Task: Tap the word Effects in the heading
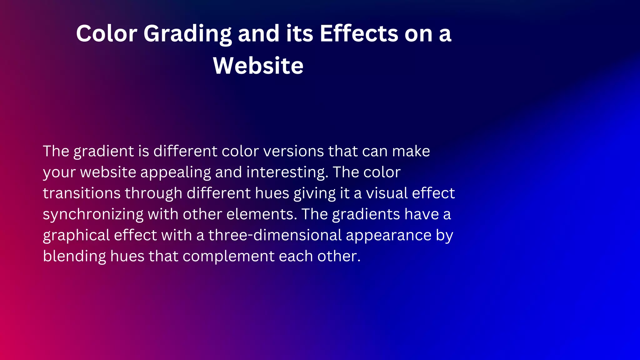tap(359, 34)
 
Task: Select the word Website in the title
tap(258, 66)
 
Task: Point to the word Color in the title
tap(107, 34)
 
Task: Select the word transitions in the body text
tap(82, 193)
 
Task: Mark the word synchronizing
tap(93, 215)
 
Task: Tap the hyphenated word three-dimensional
tap(275, 235)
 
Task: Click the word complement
tap(228, 257)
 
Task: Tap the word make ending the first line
tap(411, 151)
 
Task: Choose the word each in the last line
tap(296, 256)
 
